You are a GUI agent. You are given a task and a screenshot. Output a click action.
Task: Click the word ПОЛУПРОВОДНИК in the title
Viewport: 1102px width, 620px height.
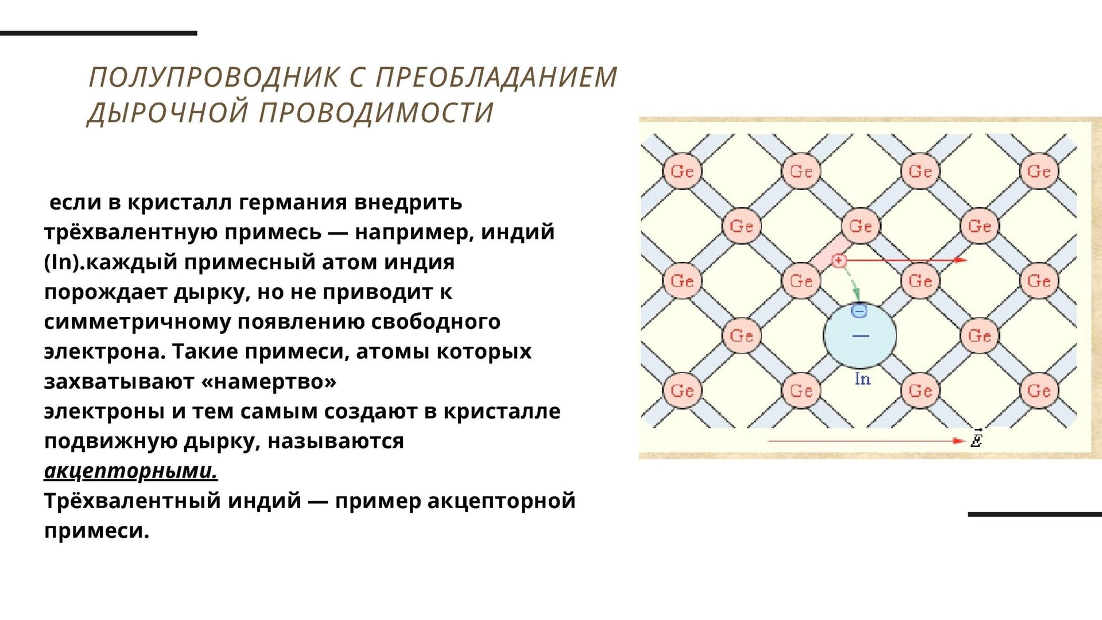tap(215, 77)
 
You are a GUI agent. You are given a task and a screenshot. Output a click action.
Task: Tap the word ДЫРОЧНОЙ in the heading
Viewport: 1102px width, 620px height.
tap(168, 113)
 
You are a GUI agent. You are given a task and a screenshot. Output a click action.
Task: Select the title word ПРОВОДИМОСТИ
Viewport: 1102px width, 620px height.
tap(377, 113)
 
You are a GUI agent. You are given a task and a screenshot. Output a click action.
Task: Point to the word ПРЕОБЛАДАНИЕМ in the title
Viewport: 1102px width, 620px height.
tap(496, 77)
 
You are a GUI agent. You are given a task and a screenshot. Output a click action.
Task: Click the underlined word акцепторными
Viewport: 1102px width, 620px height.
tap(131, 471)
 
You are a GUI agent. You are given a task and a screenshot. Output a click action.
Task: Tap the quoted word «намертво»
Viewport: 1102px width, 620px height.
tap(269, 381)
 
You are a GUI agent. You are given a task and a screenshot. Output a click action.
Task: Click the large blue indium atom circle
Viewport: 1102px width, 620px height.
tap(860, 336)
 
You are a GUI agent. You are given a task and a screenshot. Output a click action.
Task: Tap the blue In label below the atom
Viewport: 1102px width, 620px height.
tap(863, 379)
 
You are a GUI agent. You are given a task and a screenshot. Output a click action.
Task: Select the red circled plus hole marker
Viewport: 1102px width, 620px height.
tap(839, 261)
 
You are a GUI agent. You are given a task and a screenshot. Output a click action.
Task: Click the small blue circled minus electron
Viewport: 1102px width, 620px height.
tap(859, 311)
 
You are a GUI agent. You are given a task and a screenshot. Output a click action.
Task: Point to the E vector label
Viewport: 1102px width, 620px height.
tap(976, 439)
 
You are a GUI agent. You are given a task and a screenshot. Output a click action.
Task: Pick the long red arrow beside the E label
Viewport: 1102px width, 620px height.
tap(866, 441)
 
